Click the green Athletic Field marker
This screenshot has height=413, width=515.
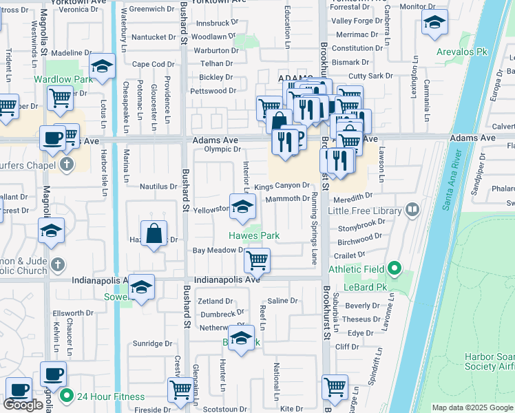click(x=394, y=268)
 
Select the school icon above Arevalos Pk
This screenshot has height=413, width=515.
click(x=434, y=25)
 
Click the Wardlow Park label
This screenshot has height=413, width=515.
click(x=63, y=80)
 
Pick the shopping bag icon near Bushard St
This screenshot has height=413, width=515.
click(x=154, y=235)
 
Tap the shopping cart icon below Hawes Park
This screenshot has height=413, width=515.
click(x=257, y=260)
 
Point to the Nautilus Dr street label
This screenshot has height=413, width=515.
click(x=158, y=187)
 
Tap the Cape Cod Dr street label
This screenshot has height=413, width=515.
click(x=153, y=64)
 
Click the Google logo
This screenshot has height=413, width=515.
click(x=23, y=405)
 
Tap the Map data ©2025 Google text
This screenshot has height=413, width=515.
click(x=472, y=407)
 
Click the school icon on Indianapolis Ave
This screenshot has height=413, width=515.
click(x=141, y=288)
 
